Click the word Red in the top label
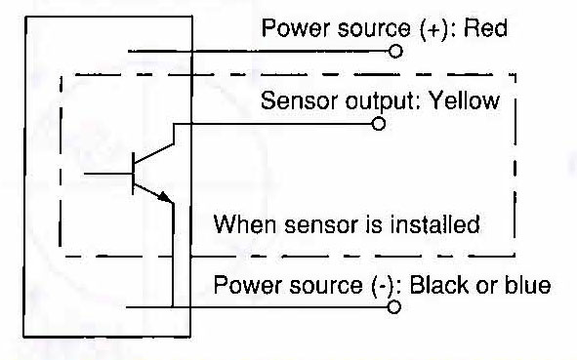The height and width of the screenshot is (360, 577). click(485, 27)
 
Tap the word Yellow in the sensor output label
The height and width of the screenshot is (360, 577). click(465, 100)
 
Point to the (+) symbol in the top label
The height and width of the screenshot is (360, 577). click(433, 28)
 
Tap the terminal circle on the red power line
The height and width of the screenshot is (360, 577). click(395, 51)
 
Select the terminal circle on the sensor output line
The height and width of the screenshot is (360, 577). click(378, 124)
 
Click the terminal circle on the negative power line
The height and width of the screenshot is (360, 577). click(393, 306)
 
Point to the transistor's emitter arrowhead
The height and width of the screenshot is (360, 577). click(165, 197)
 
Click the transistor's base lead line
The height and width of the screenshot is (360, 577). click(107, 173)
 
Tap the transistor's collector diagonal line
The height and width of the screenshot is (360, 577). click(154, 153)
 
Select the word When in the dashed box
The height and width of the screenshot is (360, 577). click(244, 224)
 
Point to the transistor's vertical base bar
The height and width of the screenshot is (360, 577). click(133, 173)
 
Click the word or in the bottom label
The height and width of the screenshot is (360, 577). click(487, 287)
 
